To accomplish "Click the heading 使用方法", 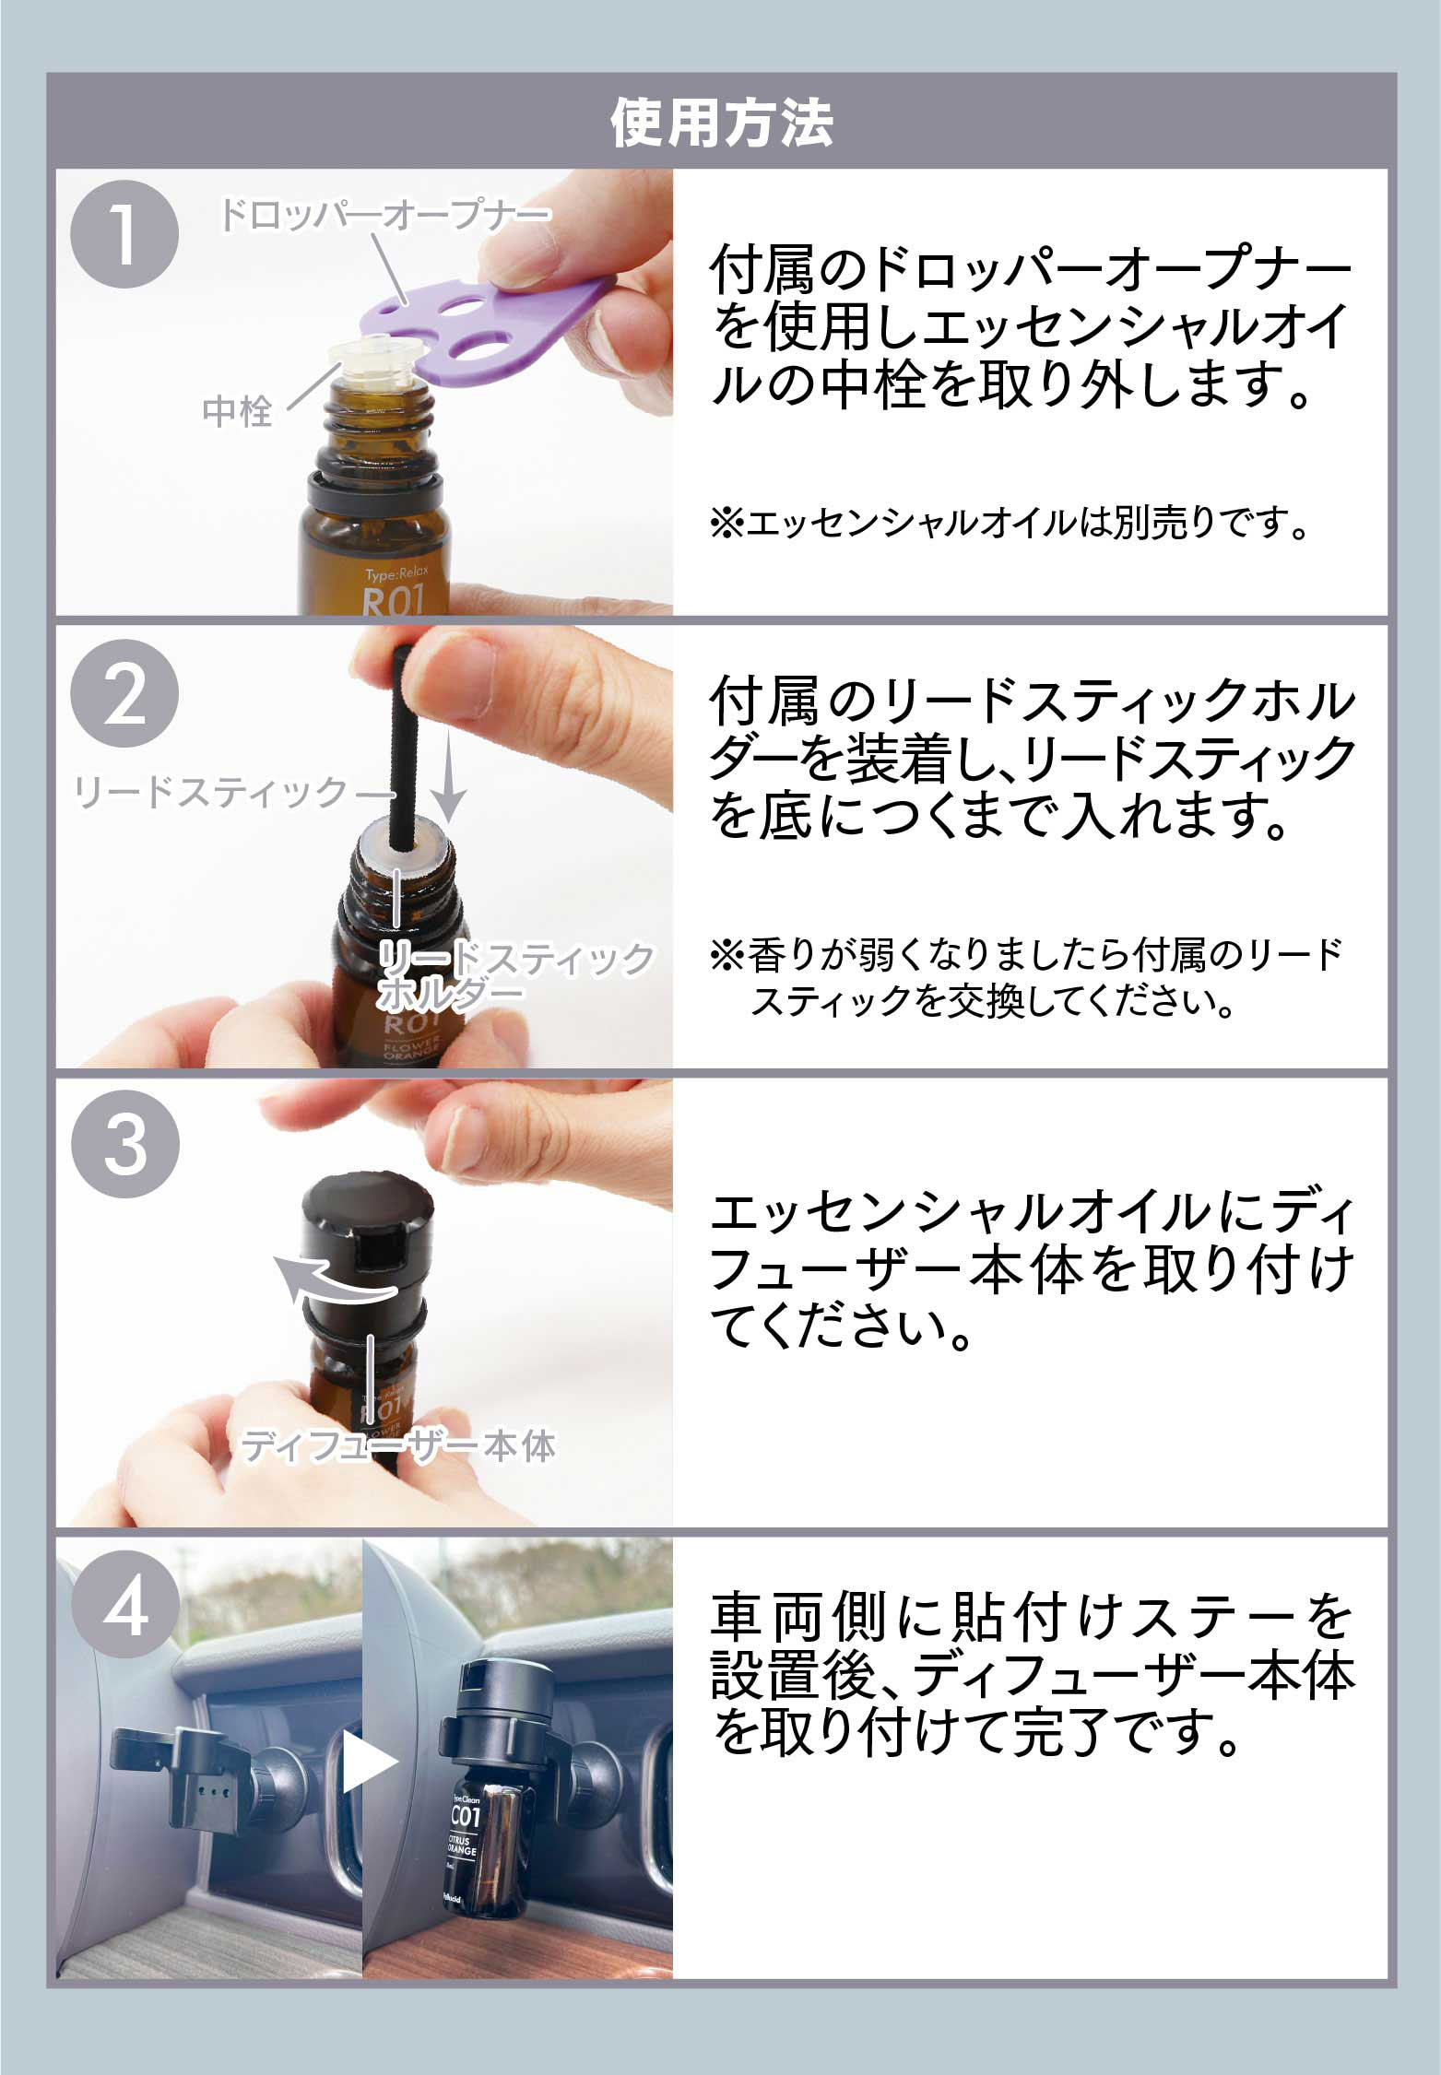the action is coord(721,124).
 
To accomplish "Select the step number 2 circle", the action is coord(125,698).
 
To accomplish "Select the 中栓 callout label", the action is coord(237,411).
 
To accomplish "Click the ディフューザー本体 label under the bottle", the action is coord(398,1446).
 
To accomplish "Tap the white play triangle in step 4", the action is coord(369,1762).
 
